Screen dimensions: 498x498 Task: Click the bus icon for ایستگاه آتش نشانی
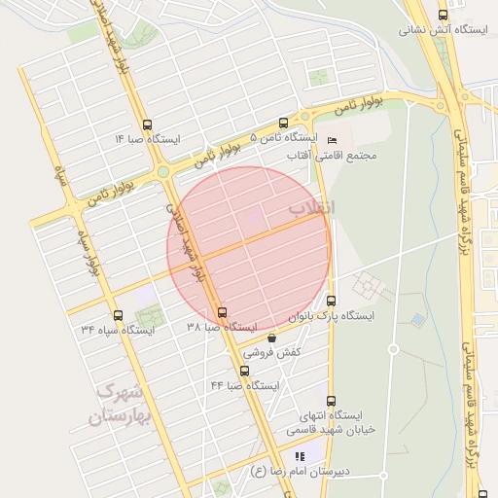click(x=444, y=15)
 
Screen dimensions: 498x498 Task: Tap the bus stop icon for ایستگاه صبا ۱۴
click(x=147, y=124)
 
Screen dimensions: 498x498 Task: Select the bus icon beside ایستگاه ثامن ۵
click(x=283, y=124)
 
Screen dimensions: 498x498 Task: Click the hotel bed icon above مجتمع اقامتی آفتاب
click(x=334, y=139)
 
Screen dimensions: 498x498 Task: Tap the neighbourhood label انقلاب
click(x=311, y=208)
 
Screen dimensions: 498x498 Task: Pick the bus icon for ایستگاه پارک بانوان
click(x=333, y=301)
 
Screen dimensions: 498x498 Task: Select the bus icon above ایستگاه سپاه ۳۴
click(x=119, y=315)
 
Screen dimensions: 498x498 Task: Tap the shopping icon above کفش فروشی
click(x=271, y=338)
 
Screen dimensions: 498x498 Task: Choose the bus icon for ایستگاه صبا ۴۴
click(x=243, y=370)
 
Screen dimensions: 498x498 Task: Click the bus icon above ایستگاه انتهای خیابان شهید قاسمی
click(x=332, y=400)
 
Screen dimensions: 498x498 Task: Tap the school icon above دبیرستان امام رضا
click(x=300, y=455)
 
